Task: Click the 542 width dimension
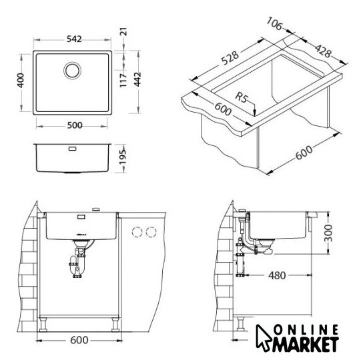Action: pos(74,39)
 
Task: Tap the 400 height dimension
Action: pos(21,81)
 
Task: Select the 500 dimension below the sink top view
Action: pos(75,125)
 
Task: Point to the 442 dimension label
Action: pos(137,79)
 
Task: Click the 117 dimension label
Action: pos(123,80)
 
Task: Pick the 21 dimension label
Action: pos(124,31)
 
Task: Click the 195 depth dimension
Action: pos(123,157)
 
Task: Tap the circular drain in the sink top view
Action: pos(72,71)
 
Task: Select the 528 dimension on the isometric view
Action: pos(230,58)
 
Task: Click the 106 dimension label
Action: pos(274,23)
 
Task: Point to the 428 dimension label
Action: pos(323,51)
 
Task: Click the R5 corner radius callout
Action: pos(241,97)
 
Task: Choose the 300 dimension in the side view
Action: pos(328,233)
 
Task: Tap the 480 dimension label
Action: pos(277,275)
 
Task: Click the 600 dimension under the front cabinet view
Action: pos(79,340)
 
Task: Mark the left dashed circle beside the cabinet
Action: pos(137,232)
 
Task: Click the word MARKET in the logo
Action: pos(306,345)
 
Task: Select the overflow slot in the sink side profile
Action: pos(73,148)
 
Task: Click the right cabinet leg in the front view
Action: pos(115,324)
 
